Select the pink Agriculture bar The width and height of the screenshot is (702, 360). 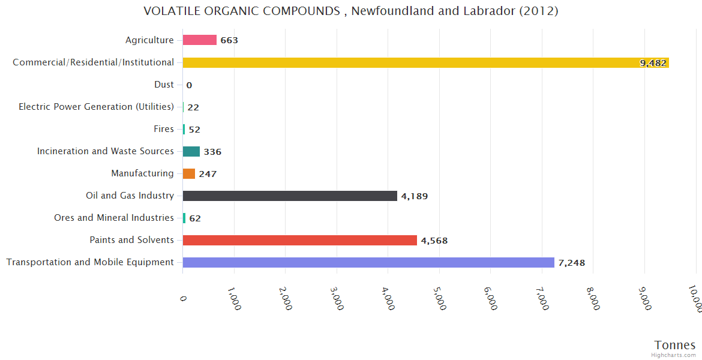tap(200, 40)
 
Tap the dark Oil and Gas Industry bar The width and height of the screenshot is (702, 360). tap(290, 196)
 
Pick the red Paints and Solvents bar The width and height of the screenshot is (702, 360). tap(299, 240)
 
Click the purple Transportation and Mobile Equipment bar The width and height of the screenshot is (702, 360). tap(368, 262)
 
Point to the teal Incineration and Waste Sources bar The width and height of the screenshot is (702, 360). tap(191, 151)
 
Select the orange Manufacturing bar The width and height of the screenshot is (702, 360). tap(189, 173)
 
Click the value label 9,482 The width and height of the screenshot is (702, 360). tap(653, 63)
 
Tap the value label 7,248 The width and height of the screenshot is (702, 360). tap(571, 263)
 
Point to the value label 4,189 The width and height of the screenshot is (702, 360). tap(414, 196)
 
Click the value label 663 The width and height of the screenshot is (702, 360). tap(229, 41)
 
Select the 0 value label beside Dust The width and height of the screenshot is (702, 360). tap(189, 85)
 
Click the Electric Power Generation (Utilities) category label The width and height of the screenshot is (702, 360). tap(96, 107)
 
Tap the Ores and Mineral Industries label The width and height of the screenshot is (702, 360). tap(114, 218)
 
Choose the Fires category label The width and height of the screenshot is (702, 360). tap(164, 129)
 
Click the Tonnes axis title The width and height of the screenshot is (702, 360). tap(675, 345)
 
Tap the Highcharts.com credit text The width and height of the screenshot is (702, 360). tap(674, 355)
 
